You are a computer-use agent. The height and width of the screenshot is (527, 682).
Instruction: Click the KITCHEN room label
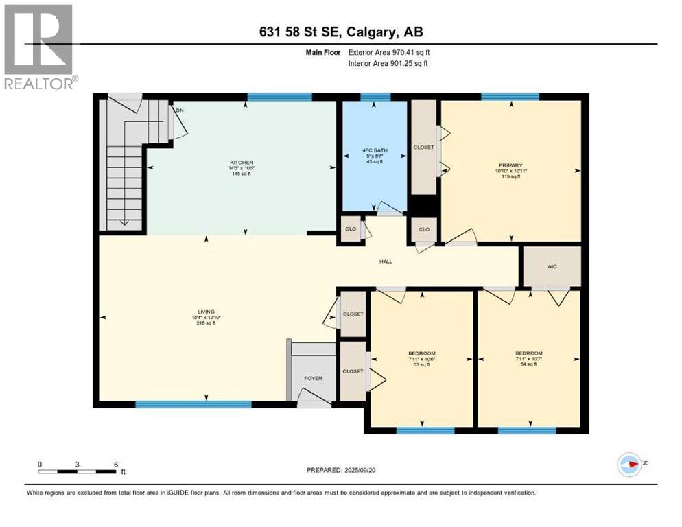[x=241, y=162]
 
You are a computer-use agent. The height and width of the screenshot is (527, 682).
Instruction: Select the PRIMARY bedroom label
[x=510, y=165]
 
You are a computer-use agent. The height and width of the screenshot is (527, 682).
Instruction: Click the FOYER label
[x=313, y=378]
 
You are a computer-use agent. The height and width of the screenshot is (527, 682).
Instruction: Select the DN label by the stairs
[x=180, y=110]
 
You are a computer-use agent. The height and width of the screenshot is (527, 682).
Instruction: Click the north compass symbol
[x=629, y=464]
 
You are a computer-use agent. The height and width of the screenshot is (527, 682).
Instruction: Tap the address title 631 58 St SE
[x=341, y=32]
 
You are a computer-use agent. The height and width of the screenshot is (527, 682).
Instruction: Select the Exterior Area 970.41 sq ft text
[x=390, y=52]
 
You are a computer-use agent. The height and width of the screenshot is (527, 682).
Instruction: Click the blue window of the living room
[x=193, y=404]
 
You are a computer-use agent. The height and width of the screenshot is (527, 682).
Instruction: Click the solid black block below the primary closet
[x=423, y=205]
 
